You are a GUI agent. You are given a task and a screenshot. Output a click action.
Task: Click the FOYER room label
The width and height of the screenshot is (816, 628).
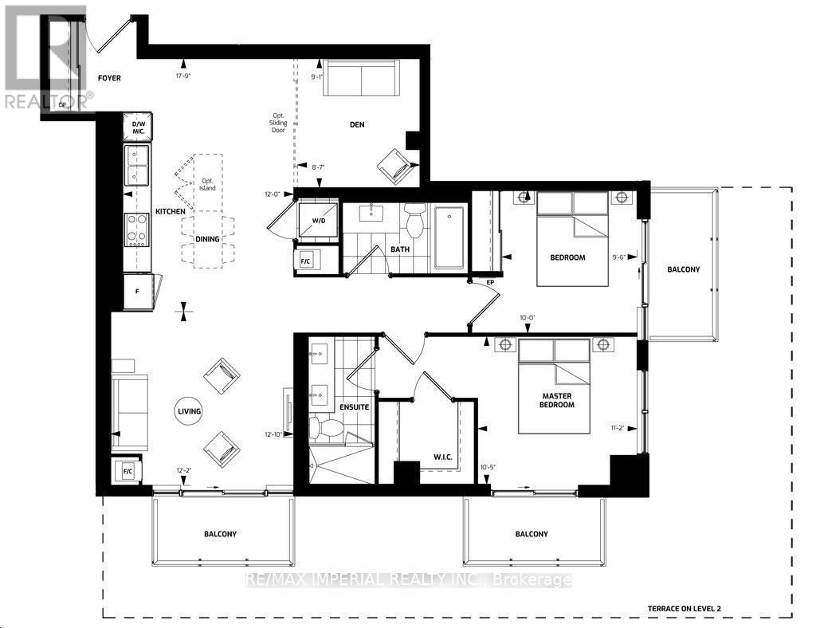[108, 78]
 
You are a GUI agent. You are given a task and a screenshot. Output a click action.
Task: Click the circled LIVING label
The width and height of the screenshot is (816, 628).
[189, 411]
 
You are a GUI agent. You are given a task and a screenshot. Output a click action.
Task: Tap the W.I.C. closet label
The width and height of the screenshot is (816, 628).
[422, 457]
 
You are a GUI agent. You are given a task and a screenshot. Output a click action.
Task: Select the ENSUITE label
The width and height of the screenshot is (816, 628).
[355, 407]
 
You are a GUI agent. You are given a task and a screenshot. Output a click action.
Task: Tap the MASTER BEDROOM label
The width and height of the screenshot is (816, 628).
[558, 399]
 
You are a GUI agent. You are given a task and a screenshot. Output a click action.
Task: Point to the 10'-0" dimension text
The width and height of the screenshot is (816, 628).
[527, 317]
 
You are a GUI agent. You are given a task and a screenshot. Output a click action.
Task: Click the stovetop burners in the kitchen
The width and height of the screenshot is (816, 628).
[135, 230]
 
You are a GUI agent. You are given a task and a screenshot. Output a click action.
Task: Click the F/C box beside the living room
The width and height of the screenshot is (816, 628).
[127, 471]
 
